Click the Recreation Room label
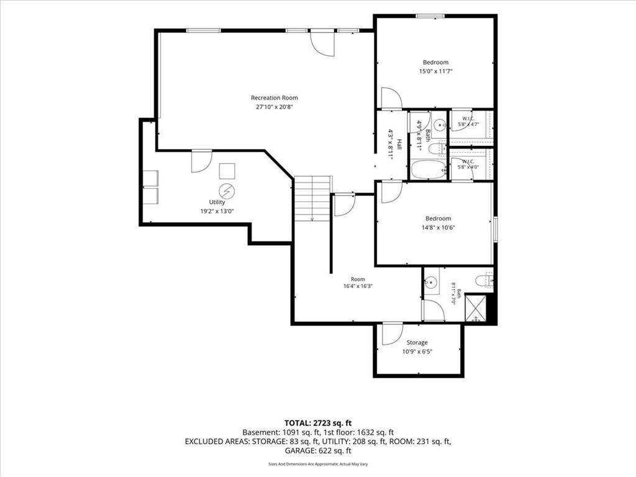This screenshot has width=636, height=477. pyautogui.click(x=274, y=98)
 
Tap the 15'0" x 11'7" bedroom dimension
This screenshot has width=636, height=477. pyautogui.click(x=435, y=71)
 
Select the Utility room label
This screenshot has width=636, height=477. pyautogui.click(x=217, y=202)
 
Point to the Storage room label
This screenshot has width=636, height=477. pyautogui.click(x=417, y=343)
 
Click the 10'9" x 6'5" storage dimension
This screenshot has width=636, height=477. pyautogui.click(x=417, y=352)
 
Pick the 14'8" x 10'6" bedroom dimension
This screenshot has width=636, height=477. pyautogui.click(x=438, y=227)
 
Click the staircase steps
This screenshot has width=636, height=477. pyautogui.click(x=312, y=198)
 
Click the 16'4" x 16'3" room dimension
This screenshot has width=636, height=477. pyautogui.click(x=358, y=286)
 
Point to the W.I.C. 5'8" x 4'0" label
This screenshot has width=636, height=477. pyautogui.click(x=468, y=164)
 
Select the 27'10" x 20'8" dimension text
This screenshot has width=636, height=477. pyautogui.click(x=274, y=107)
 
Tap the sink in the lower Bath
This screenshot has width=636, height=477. pyautogui.click(x=431, y=281)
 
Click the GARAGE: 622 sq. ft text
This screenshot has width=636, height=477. pyautogui.click(x=318, y=451)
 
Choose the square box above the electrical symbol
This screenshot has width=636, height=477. pyautogui.click(x=227, y=171)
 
